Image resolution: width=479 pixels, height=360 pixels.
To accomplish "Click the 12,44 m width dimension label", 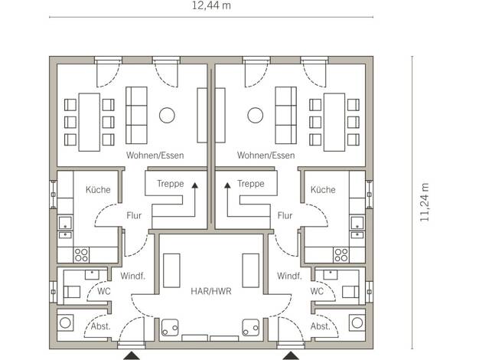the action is coord(211,5).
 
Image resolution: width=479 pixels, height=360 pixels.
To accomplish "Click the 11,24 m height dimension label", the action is coord(425,202).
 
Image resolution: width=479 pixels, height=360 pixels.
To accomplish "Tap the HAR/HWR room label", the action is coord(211,291).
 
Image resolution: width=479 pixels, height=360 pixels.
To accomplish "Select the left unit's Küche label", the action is coord(98,190).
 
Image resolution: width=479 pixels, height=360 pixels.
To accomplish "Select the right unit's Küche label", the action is coord(323,190).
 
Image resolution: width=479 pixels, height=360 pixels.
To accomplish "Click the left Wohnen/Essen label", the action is coord(155,155).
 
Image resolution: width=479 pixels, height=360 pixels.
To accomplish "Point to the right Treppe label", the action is coord(251,184).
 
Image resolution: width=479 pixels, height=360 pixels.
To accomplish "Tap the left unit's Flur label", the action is coord(134,216).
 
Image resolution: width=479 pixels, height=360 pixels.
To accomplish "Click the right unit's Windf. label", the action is coord(289,277).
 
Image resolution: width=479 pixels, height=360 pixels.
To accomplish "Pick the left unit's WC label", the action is coord(104,291).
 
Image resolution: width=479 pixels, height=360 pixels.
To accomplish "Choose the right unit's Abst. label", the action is coord(321,326).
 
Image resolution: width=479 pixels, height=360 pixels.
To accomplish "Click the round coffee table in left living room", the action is coord(167,116).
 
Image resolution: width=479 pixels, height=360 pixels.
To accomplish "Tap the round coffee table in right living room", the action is coord(256,116).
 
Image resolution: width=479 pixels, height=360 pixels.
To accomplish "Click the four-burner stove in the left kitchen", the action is coord(81,255).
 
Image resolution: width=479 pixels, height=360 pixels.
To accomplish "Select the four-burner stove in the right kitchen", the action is coord(341,255).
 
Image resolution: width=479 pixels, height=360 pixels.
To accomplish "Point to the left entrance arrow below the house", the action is coord(132,355).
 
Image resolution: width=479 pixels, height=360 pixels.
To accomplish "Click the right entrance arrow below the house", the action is coord(291,355).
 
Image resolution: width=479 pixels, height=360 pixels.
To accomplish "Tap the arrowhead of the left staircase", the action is coord(194,185).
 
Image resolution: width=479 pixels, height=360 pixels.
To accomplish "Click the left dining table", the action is coord(90,123).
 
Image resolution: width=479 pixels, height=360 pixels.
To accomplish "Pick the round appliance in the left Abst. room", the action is coord(65,322).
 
